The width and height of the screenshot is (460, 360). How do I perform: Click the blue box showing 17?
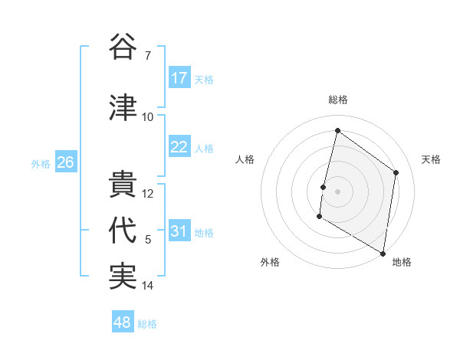click(179, 78)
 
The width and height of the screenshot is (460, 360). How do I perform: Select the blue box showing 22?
click(179, 147)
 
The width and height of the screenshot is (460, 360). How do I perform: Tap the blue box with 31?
click(179, 231)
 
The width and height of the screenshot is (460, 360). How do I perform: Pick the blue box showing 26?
click(66, 162)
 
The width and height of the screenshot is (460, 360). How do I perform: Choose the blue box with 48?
click(123, 322)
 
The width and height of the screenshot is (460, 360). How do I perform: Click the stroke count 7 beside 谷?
click(148, 55)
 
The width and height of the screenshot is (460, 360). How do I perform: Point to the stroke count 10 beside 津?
click(148, 116)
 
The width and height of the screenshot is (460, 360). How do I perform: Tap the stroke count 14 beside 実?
click(148, 286)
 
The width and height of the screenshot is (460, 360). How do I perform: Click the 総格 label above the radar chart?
click(338, 100)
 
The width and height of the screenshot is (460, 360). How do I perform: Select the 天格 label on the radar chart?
click(432, 159)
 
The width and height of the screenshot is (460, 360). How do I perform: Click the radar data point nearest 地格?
click(383, 253)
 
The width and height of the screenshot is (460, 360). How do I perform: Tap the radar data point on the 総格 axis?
click(337, 131)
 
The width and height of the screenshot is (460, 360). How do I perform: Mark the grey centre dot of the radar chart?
click(337, 191)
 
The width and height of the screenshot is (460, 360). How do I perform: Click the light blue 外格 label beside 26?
click(40, 163)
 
